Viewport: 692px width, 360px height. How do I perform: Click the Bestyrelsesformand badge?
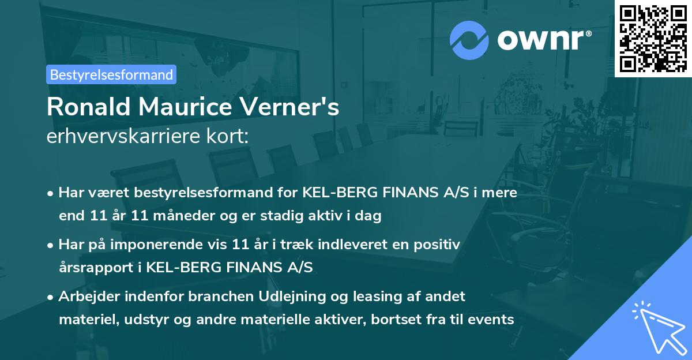(x=111, y=74)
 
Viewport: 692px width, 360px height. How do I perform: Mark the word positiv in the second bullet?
(x=440, y=245)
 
